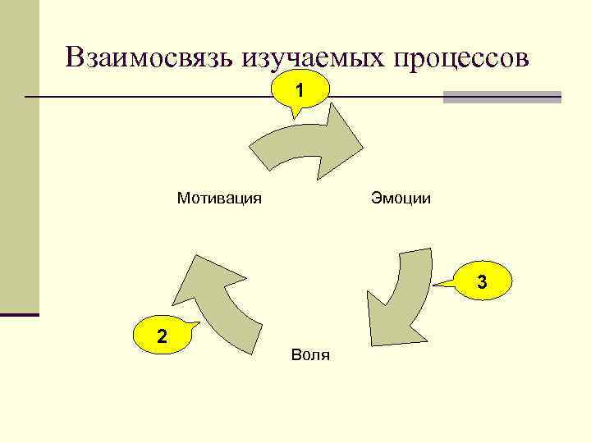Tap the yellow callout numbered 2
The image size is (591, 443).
(x=163, y=336)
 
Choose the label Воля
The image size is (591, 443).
(x=310, y=355)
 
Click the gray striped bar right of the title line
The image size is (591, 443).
(x=502, y=97)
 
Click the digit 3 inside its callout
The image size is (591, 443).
(x=483, y=281)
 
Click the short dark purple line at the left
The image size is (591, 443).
(x=19, y=314)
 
